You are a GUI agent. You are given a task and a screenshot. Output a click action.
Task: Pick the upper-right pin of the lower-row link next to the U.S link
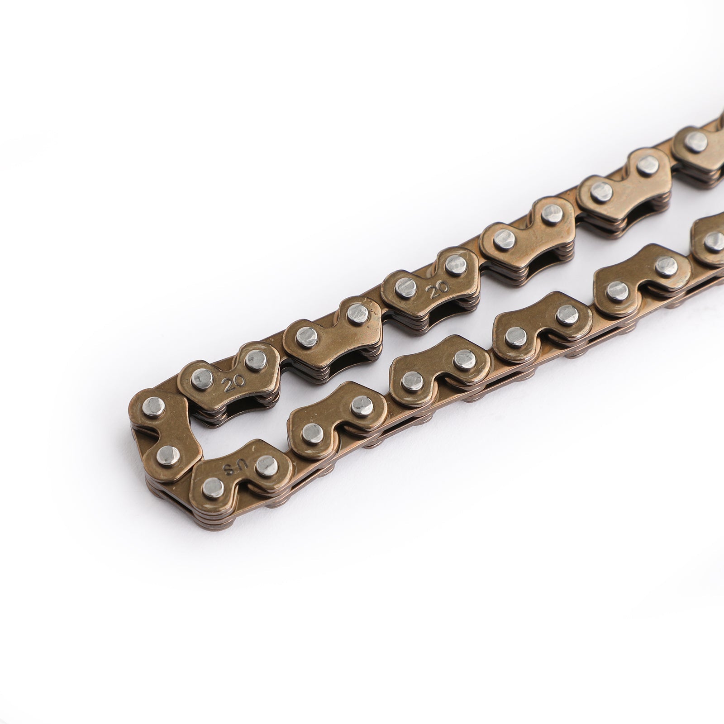click(360, 404)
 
